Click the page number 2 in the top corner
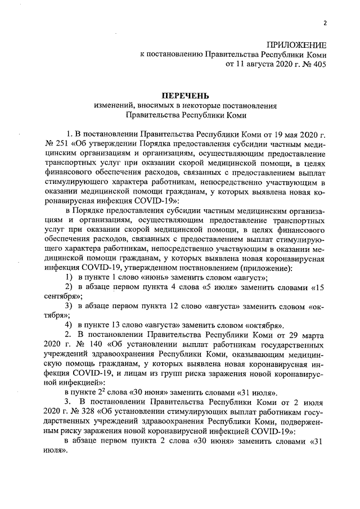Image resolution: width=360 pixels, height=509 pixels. [x=325, y=23]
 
